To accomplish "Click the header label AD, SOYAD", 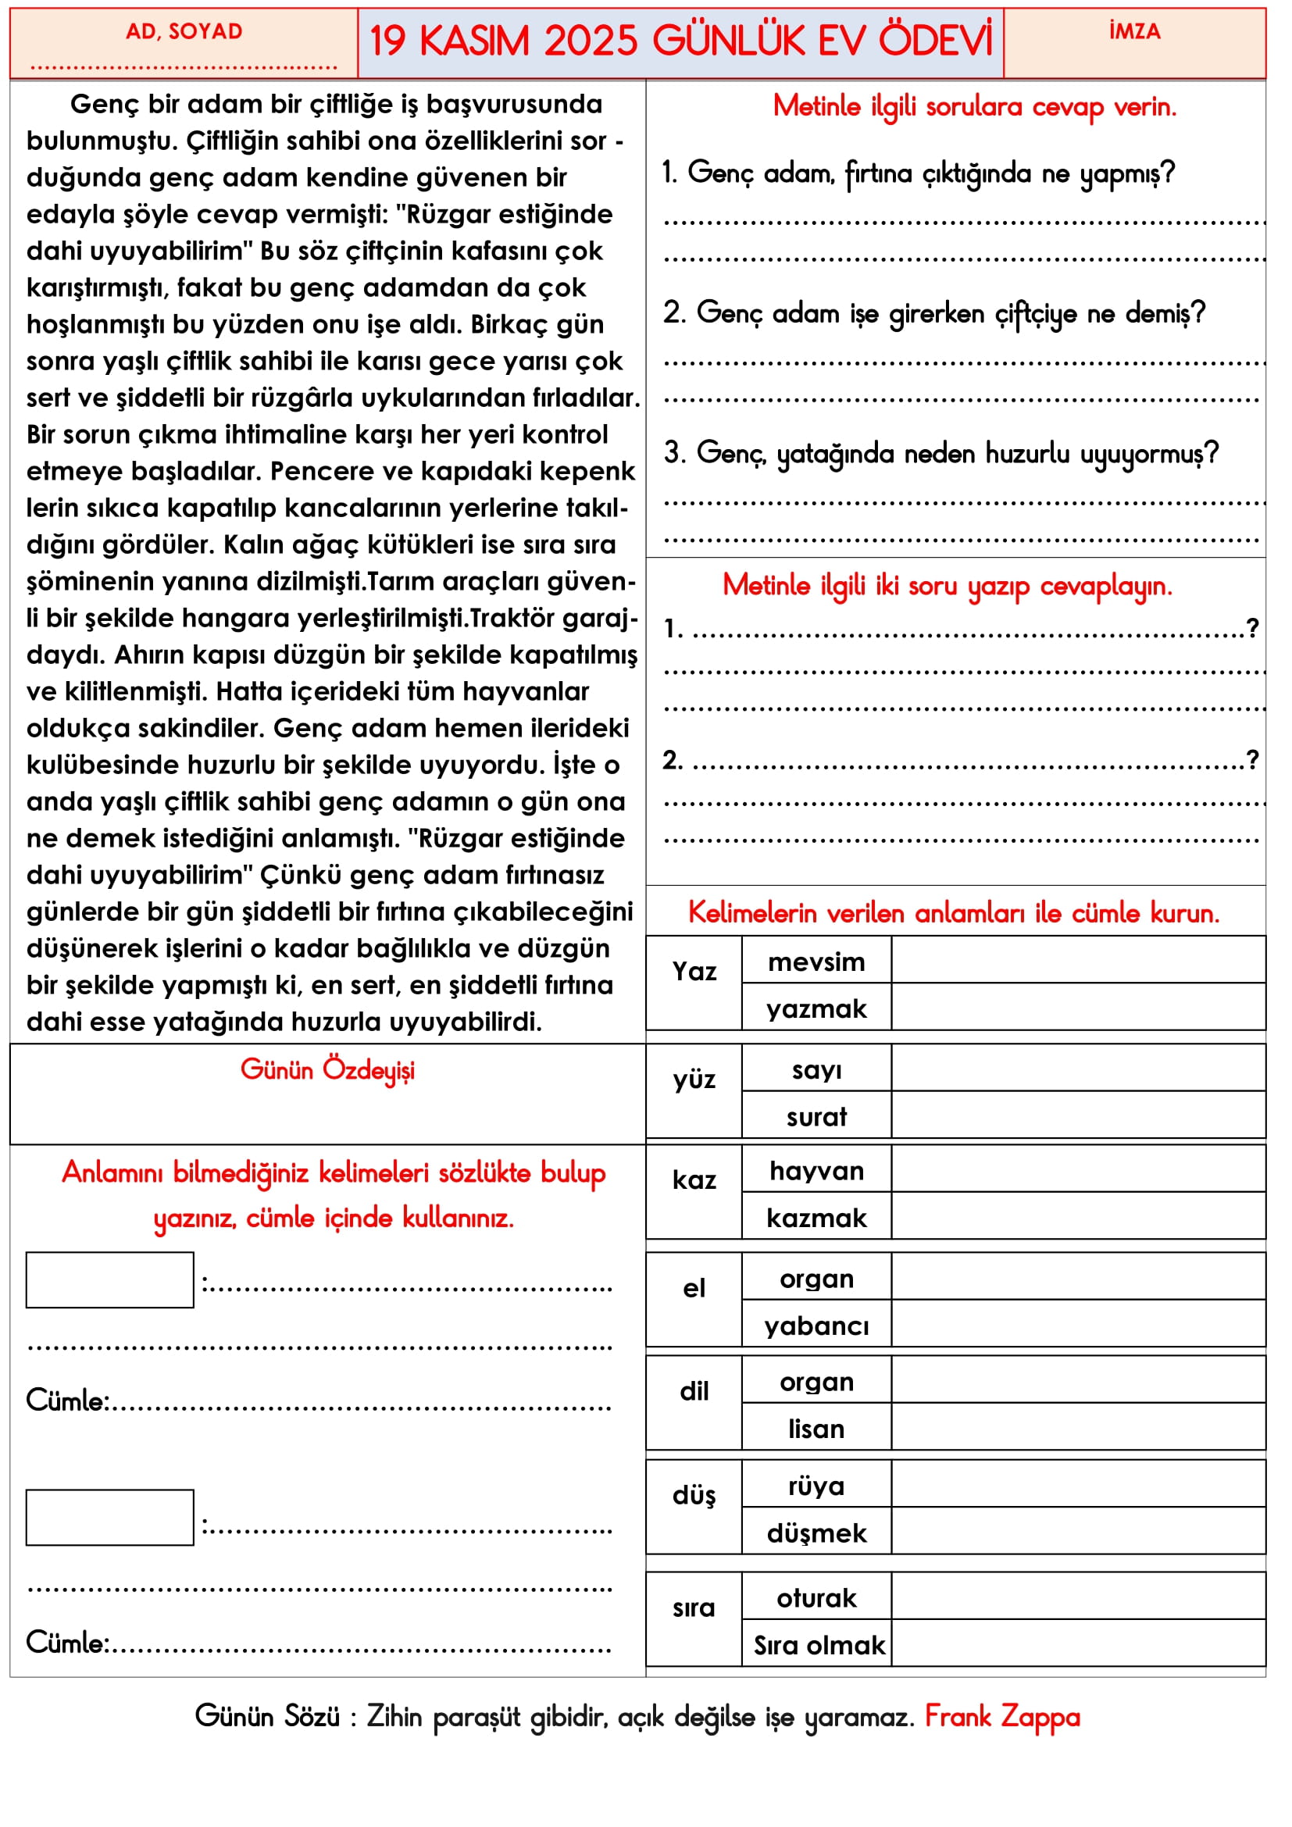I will pyautogui.click(x=184, y=32).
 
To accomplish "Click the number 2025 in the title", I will pyautogui.click(x=591, y=41).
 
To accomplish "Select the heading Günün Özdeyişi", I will pyautogui.click(x=327, y=1069).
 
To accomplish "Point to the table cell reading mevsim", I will pyautogui.click(x=816, y=962).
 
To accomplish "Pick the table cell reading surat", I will pyautogui.click(x=816, y=1116).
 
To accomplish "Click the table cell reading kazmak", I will pyautogui.click(x=816, y=1218).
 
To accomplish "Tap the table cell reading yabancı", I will pyautogui.click(x=816, y=1326).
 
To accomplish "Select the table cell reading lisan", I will pyautogui.click(x=816, y=1429).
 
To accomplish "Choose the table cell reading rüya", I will pyautogui.click(x=816, y=1486).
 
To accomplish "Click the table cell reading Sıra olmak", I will pyautogui.click(x=819, y=1645).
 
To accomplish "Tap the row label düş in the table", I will pyautogui.click(x=694, y=1496).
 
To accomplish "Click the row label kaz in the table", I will pyautogui.click(x=694, y=1179).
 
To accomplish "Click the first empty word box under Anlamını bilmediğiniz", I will pyautogui.click(x=110, y=1280).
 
